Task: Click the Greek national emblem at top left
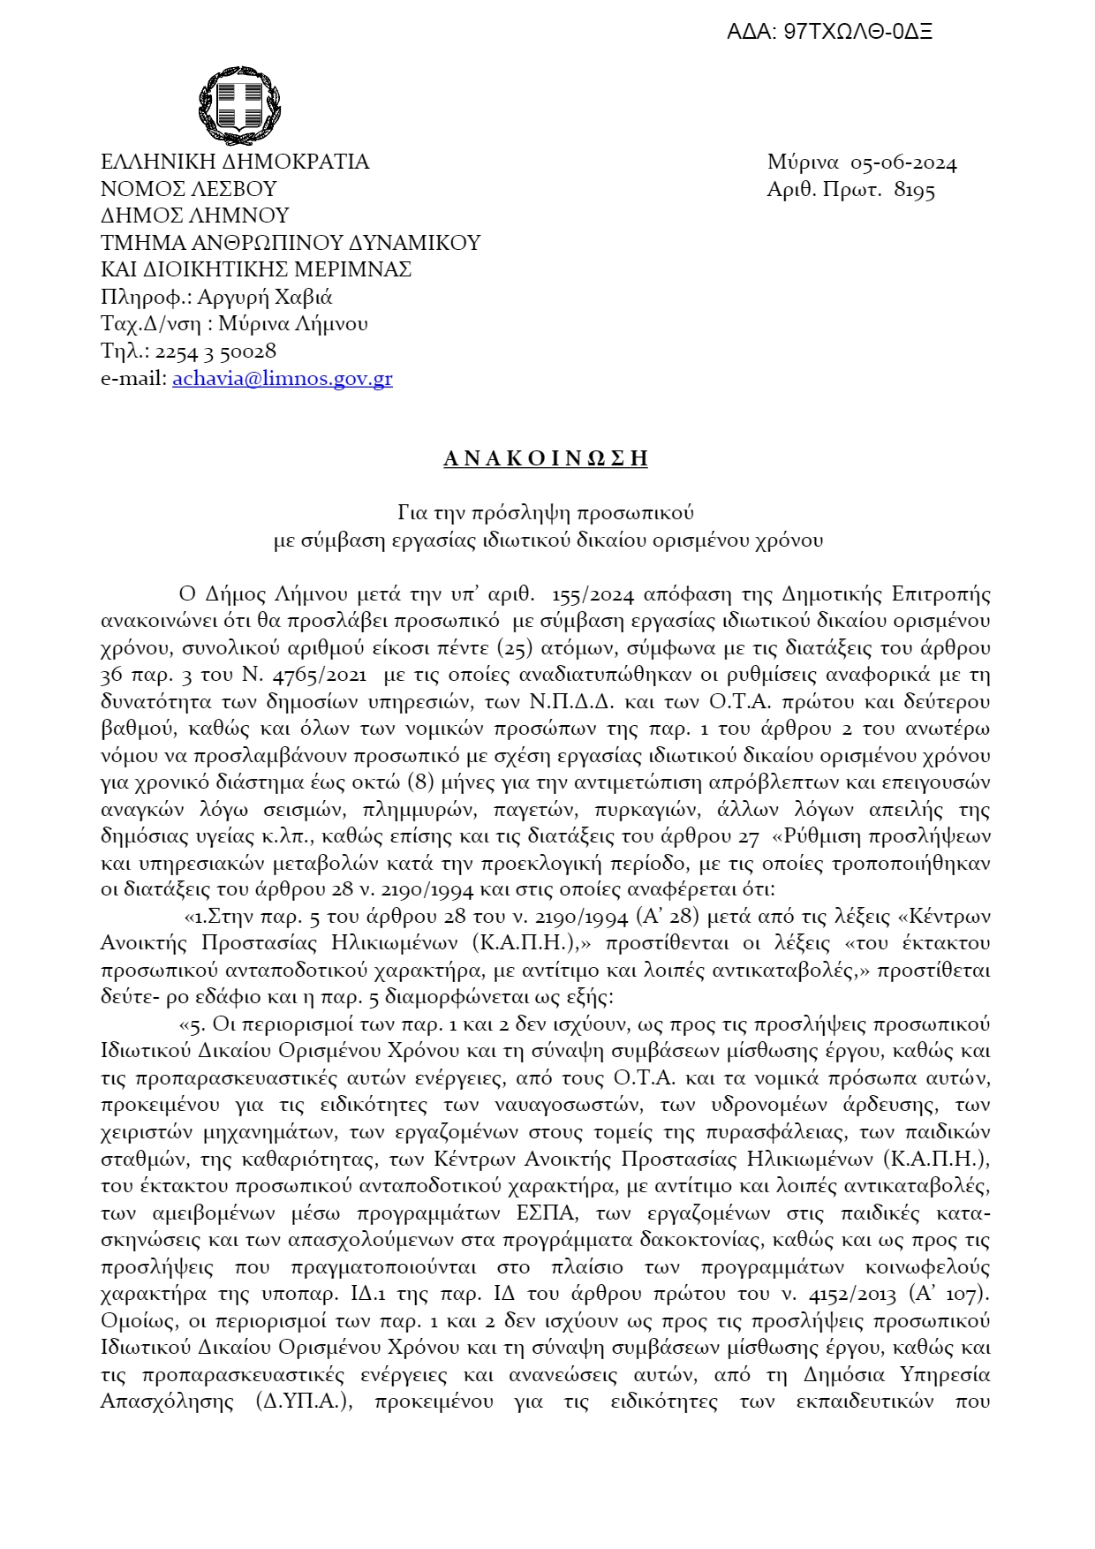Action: (239, 108)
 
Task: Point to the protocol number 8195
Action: (914, 190)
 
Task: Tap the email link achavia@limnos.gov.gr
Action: (283, 379)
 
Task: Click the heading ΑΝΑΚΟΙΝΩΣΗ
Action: (546, 457)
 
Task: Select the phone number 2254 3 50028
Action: (215, 351)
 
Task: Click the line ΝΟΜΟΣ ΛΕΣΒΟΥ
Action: (189, 189)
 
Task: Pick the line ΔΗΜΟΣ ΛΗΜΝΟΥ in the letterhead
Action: (195, 216)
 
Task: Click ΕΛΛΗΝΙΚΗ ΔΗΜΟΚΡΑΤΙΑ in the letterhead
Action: (235, 162)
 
